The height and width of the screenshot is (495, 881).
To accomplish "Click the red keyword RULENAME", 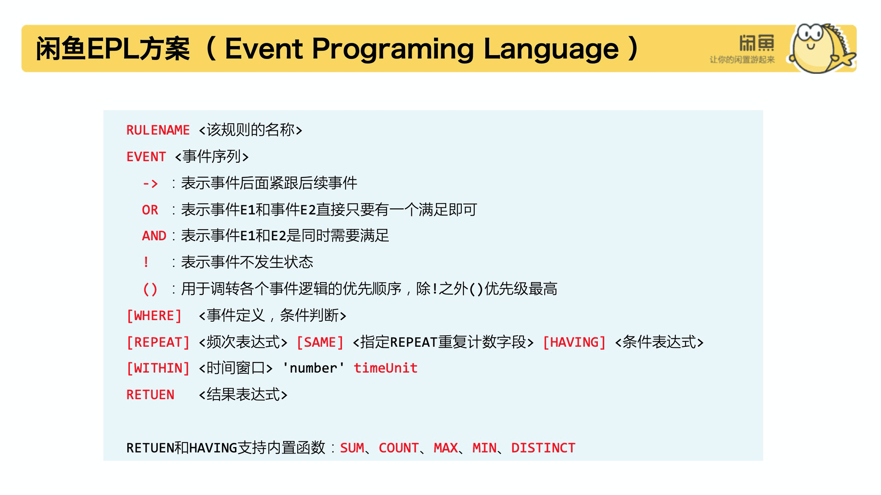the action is pyautogui.click(x=158, y=130).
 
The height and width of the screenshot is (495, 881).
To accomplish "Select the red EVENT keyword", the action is pyautogui.click(x=146, y=157).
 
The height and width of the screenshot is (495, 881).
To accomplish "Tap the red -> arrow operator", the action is pyautogui.click(x=150, y=184).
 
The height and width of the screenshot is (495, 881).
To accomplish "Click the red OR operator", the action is pyautogui.click(x=150, y=210).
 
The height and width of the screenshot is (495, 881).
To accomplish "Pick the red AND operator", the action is pyautogui.click(x=154, y=236).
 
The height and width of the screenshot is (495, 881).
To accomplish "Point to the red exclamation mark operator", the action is pyautogui.click(x=146, y=262).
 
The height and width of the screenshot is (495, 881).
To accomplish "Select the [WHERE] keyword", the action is pyautogui.click(x=154, y=316).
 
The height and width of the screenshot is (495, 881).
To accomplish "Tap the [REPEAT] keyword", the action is pyautogui.click(x=158, y=343).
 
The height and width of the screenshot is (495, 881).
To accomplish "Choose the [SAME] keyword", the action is pyautogui.click(x=320, y=343).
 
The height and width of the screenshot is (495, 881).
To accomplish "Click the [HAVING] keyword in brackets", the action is pyautogui.click(x=574, y=343).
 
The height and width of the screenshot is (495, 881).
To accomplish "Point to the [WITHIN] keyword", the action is pyautogui.click(x=158, y=368).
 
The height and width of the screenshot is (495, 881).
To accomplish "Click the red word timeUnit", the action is pyautogui.click(x=386, y=368).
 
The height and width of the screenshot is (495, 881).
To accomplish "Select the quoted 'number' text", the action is pyautogui.click(x=314, y=368).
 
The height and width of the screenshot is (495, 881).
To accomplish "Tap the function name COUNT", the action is pyautogui.click(x=399, y=448).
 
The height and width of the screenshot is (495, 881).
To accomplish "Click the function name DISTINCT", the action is pyautogui.click(x=543, y=448).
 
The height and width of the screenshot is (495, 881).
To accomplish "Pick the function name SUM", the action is pyautogui.click(x=352, y=448).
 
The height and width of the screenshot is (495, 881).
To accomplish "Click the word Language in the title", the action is pyautogui.click(x=551, y=49).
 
